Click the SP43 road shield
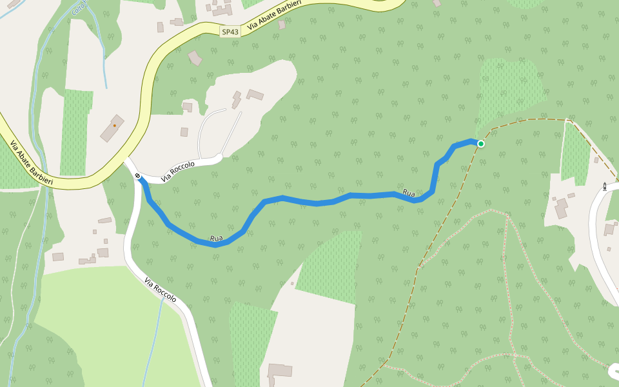230,31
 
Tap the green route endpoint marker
480,143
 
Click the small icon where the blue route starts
137,175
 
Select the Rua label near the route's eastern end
409,192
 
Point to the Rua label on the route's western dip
216,239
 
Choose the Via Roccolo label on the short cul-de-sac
177,170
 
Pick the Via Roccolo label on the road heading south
161,290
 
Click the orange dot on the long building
115,125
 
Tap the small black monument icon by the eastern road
604,186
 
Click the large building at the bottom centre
280,371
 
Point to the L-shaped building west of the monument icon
561,208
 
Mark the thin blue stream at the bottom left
152,342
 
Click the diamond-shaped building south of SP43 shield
195,58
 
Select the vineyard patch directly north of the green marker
509,87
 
